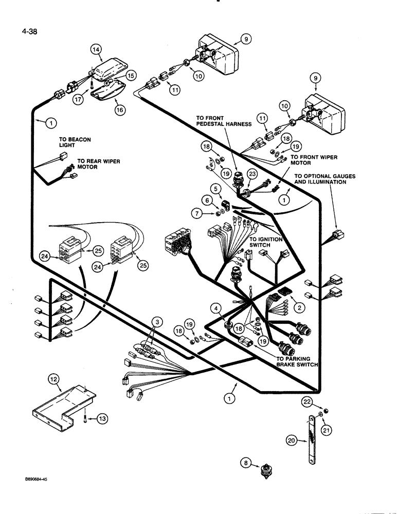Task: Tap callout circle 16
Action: (x=120, y=109)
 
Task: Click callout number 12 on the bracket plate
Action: (x=54, y=379)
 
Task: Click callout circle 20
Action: (x=292, y=440)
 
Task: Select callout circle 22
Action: (x=306, y=401)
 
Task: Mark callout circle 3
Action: (x=157, y=322)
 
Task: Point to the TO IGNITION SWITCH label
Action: (x=267, y=242)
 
